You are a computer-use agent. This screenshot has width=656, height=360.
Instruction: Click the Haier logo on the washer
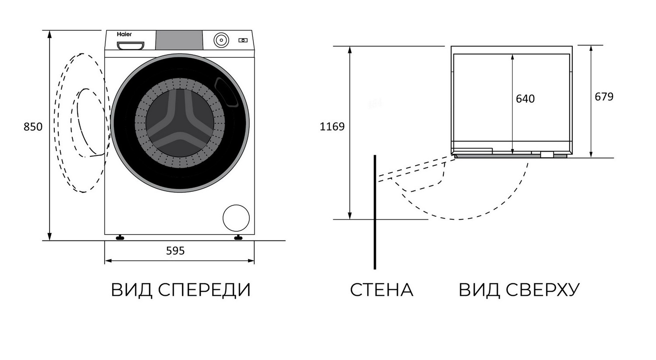[124, 34]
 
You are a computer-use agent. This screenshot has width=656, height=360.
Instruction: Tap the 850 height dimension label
[33, 127]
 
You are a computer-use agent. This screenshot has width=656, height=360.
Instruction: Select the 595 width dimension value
[175, 251]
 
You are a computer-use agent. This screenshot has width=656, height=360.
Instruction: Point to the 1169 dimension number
[332, 127]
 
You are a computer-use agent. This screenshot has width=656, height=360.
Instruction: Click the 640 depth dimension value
[525, 99]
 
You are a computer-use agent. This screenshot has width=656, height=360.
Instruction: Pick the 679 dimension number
[604, 97]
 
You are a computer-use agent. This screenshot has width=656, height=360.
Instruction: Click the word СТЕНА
[381, 290]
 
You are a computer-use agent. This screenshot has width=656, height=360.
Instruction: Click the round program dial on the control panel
[221, 40]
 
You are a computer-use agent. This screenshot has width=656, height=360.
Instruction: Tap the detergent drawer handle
[130, 45]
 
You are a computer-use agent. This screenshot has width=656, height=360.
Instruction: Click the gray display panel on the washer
[179, 40]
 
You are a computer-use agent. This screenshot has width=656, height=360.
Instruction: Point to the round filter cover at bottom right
[236, 218]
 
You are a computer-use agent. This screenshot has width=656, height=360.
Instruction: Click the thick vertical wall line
[375, 210]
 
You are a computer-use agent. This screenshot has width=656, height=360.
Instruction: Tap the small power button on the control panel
[243, 40]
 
